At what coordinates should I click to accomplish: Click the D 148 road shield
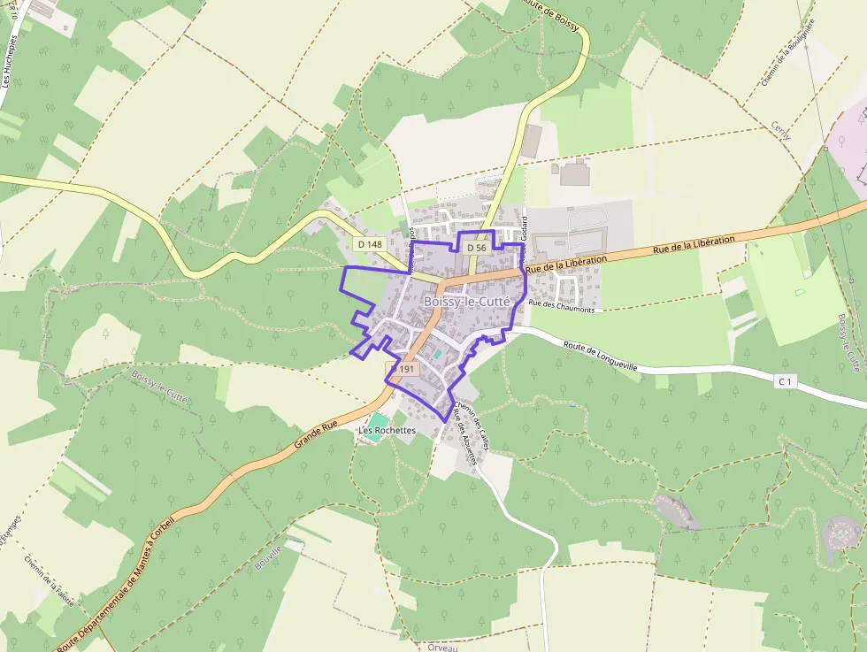[369, 243]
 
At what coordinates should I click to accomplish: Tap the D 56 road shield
[476, 249]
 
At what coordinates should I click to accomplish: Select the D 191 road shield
[403, 369]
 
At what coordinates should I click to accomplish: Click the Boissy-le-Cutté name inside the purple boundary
[467, 302]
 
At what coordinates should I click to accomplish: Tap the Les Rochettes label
[387, 431]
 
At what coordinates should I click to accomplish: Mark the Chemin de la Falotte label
[51, 579]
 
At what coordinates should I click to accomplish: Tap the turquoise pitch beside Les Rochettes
[378, 420]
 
